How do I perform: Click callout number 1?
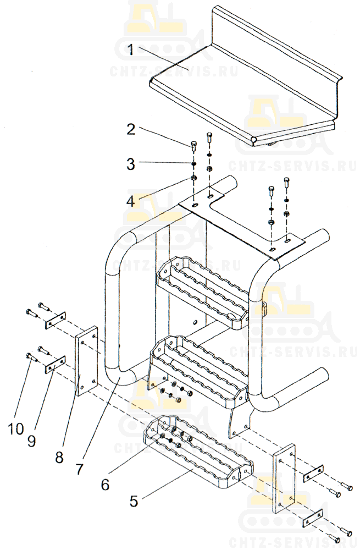tap(130, 50)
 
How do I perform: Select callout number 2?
tap(131, 129)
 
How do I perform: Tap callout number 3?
tap(131, 164)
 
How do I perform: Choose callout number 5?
tap(134, 501)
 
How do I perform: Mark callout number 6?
tap(105, 485)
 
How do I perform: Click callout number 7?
tap(80, 469)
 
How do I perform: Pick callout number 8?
tap(59, 457)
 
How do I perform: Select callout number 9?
tap(31, 441)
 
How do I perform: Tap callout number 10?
tap(16, 428)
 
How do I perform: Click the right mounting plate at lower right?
tap(284, 479)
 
